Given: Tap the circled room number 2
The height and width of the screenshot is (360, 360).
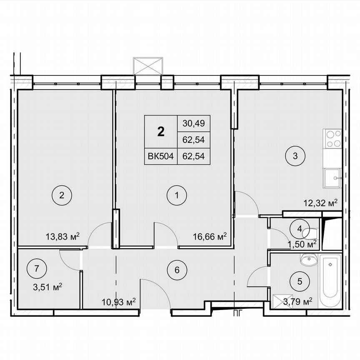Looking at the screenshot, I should click(61, 195).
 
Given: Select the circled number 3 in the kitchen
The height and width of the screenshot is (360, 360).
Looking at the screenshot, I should click(295, 156).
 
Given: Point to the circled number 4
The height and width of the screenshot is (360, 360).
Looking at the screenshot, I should click(300, 228).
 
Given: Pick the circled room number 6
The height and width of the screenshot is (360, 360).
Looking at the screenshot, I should click(177, 270).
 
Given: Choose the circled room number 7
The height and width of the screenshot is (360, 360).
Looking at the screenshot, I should click(37, 269).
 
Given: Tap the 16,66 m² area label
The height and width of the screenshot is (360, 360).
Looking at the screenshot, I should click(210, 237).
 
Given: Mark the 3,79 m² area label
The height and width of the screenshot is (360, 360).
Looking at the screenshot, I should click(298, 301).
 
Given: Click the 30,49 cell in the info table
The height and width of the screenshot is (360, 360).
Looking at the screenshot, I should click(194, 123).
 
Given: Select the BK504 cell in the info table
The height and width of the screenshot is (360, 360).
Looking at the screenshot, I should click(161, 156).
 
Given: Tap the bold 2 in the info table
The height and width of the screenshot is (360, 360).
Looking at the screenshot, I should click(161, 131).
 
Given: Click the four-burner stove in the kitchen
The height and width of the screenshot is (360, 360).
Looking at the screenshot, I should click(332, 139).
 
